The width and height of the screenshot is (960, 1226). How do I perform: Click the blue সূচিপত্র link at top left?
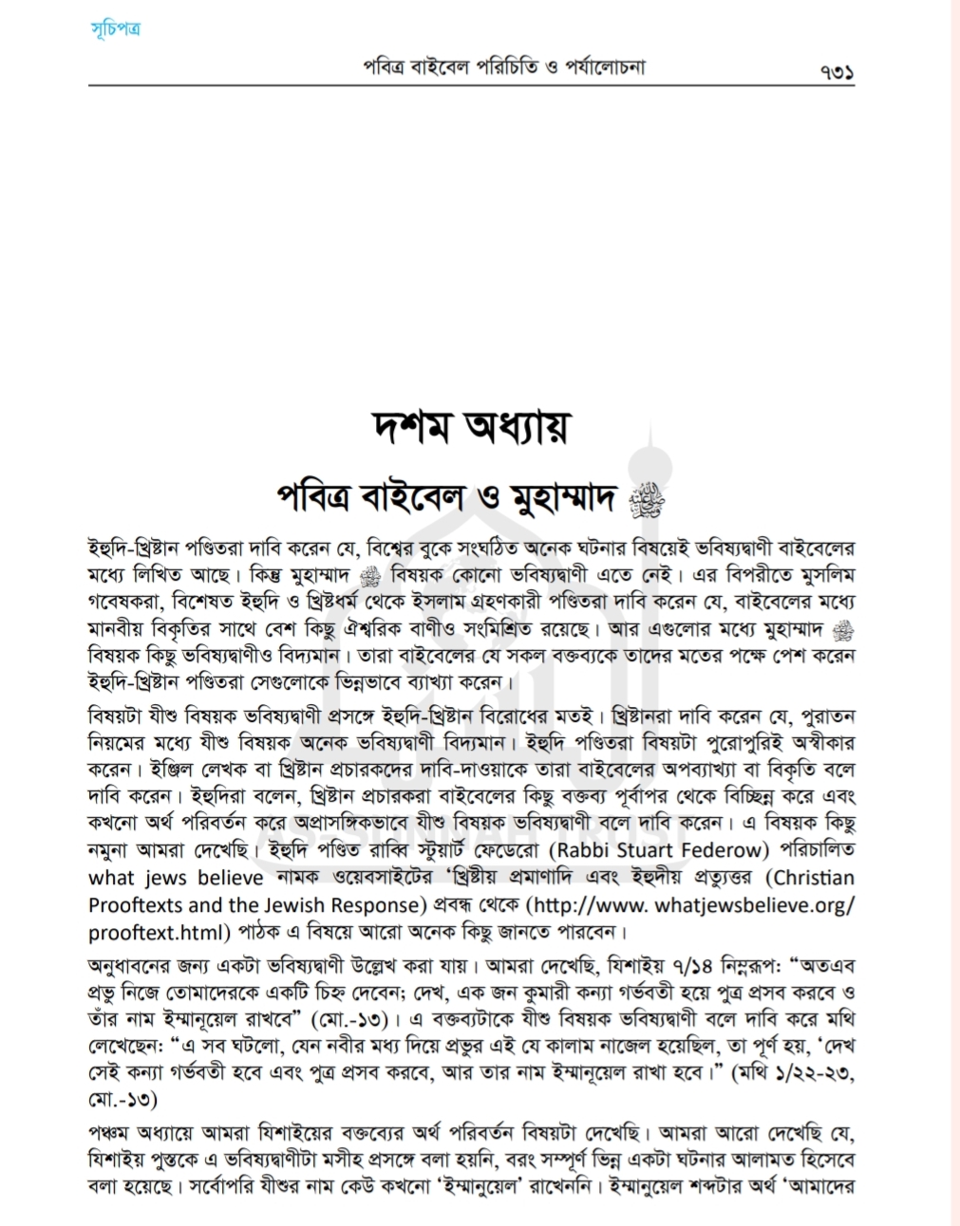tap(115, 29)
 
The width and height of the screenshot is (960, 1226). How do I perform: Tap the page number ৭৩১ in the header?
tap(837, 72)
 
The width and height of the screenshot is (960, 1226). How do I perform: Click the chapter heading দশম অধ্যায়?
tap(472, 427)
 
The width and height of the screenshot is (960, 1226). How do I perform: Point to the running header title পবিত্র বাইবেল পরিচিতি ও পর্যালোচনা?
tap(504, 67)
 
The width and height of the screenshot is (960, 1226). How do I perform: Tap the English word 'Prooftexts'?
tap(135, 905)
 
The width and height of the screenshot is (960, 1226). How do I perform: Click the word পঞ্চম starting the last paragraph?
tap(110, 1132)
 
